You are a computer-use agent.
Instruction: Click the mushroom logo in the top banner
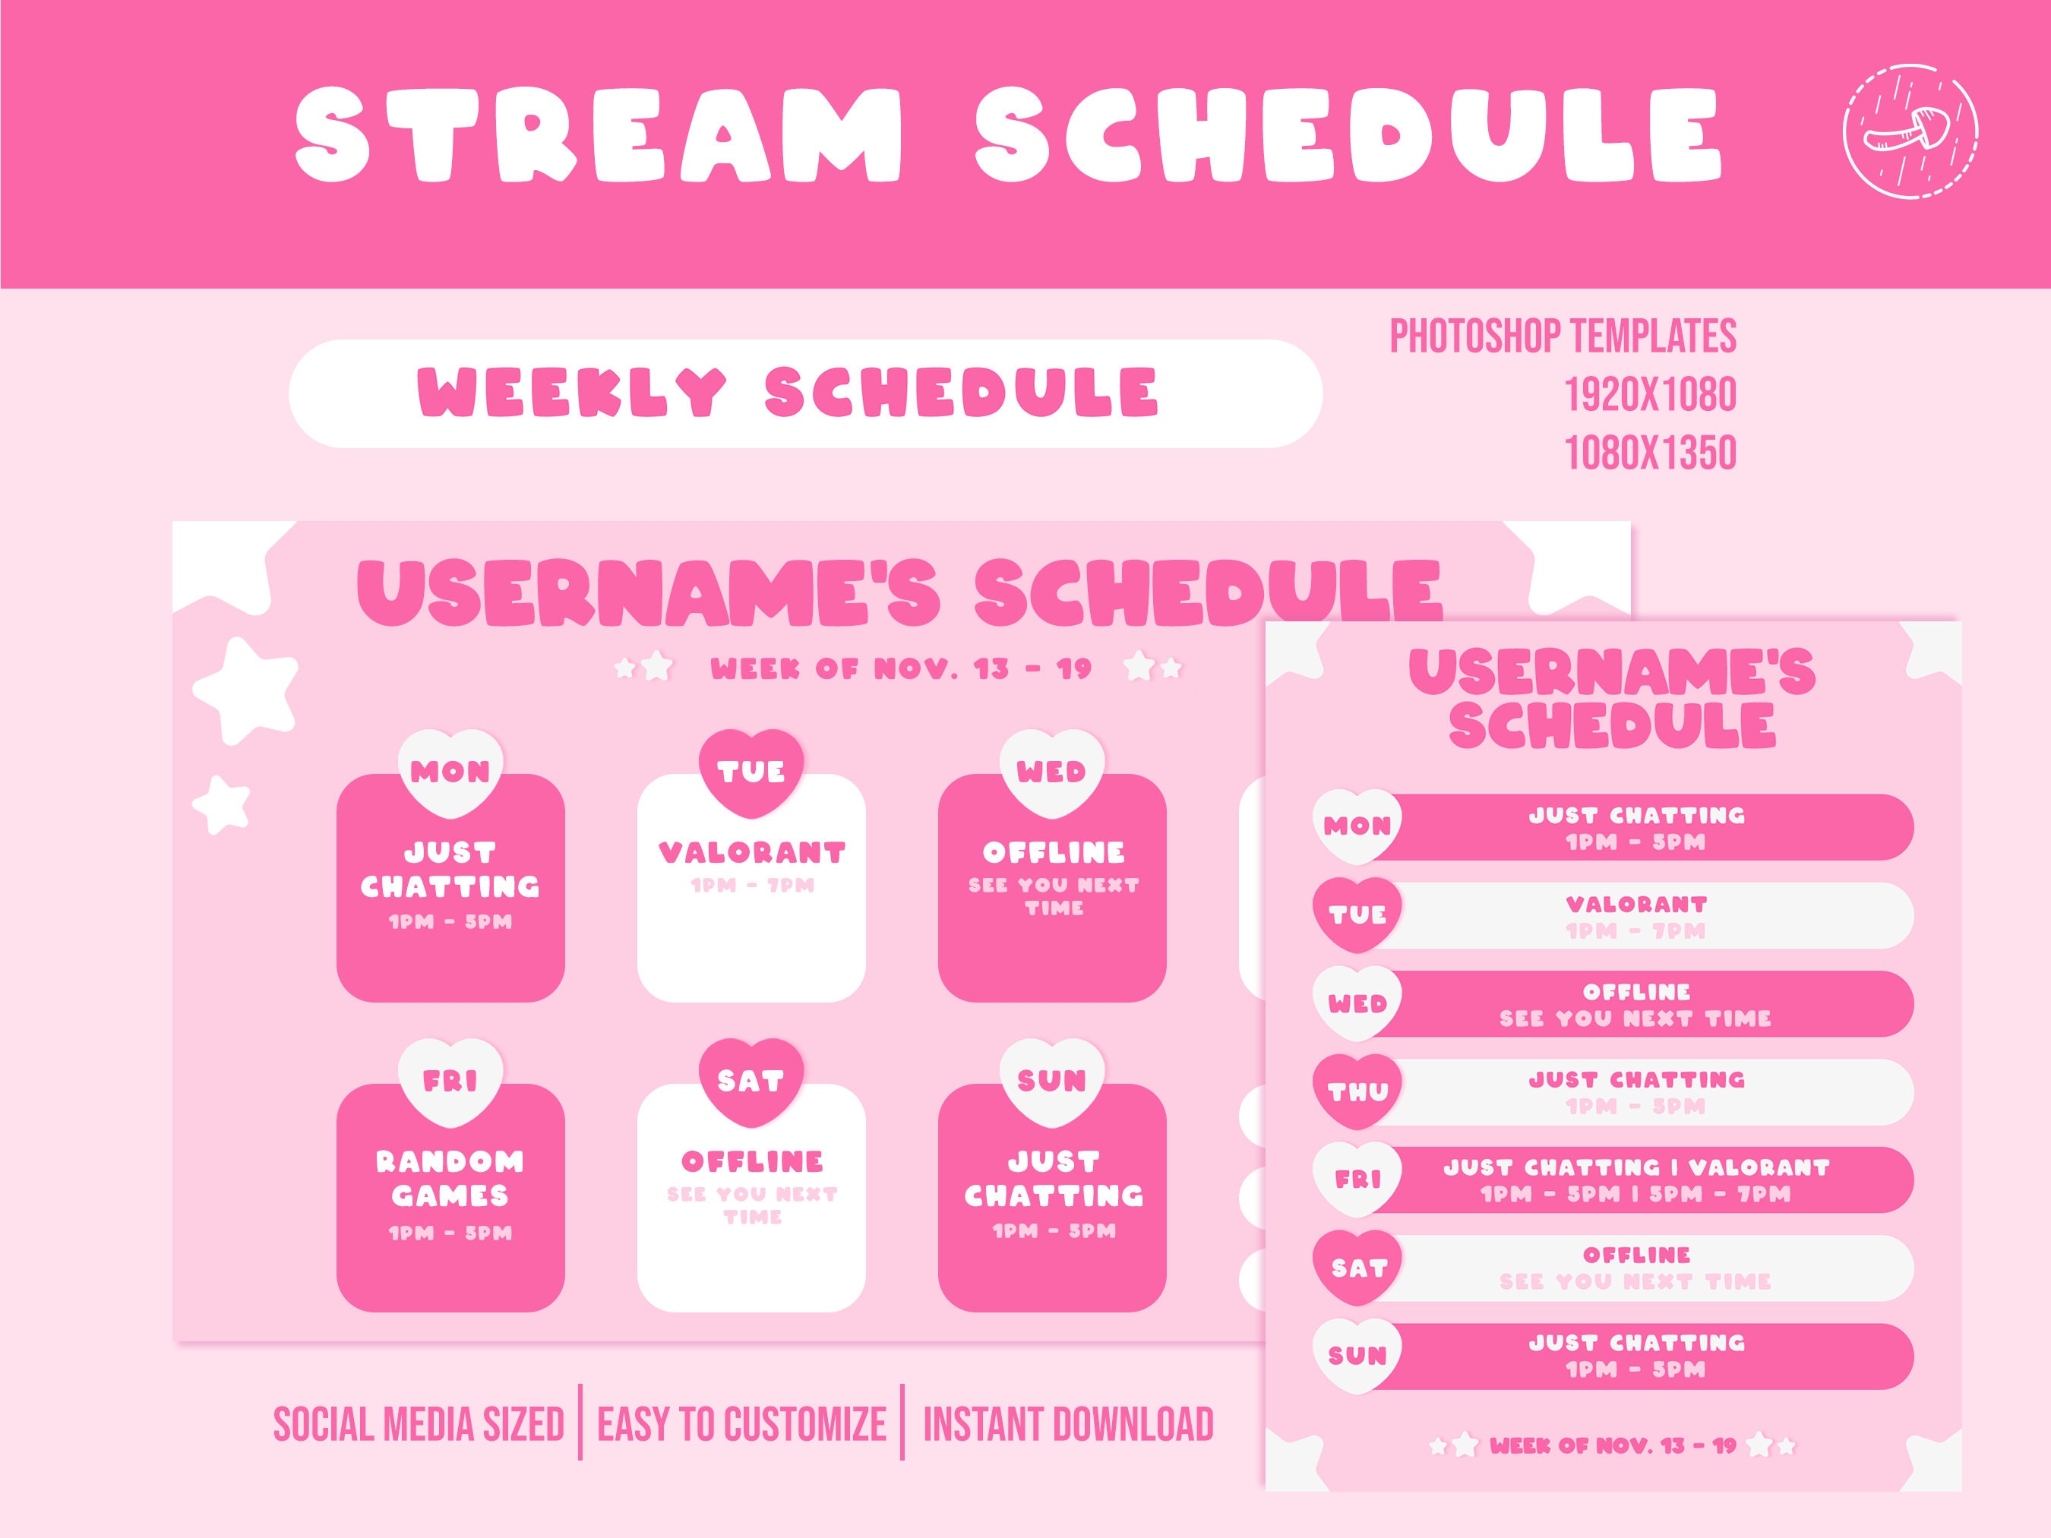pos(1910,131)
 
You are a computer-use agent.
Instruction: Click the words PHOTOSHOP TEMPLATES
pos(1563,336)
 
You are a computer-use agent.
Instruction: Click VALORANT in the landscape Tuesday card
pos(752,852)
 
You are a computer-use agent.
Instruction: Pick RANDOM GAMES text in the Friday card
pos(450,1178)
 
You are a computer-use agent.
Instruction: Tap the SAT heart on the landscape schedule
pos(751,1080)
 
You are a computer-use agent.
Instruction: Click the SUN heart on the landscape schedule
pos(1051,1080)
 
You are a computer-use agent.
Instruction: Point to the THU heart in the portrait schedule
pos(1357,1091)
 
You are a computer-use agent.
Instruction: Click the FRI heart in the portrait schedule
pos(1357,1180)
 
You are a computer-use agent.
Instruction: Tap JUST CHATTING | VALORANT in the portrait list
pos(1635,1167)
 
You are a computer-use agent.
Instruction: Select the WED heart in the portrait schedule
pos(1357,1003)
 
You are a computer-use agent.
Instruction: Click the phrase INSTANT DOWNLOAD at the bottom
pos(1067,1425)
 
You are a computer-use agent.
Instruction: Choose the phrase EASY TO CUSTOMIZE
pos(741,1425)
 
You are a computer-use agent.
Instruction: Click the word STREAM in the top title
pos(598,134)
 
